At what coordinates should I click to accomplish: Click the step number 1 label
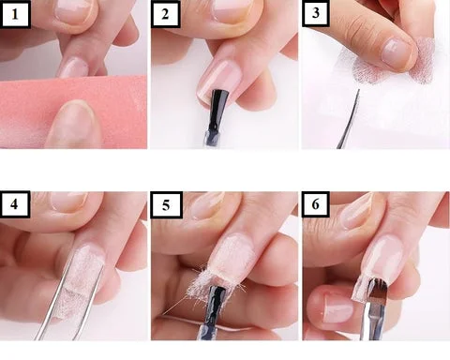[x=15, y=14]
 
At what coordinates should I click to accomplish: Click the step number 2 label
[x=165, y=14]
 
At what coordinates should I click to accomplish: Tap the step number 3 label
[x=316, y=13]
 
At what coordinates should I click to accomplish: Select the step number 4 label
[x=15, y=204]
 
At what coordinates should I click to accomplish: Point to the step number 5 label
[x=166, y=205]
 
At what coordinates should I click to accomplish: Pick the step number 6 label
[x=316, y=204]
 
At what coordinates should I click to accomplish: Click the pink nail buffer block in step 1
[x=73, y=111]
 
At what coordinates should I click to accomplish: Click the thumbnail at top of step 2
[x=232, y=11]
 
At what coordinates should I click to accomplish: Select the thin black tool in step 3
[x=349, y=119]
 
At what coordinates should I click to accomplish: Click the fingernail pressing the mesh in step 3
[x=397, y=52]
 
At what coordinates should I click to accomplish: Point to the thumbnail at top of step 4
[x=68, y=202]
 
